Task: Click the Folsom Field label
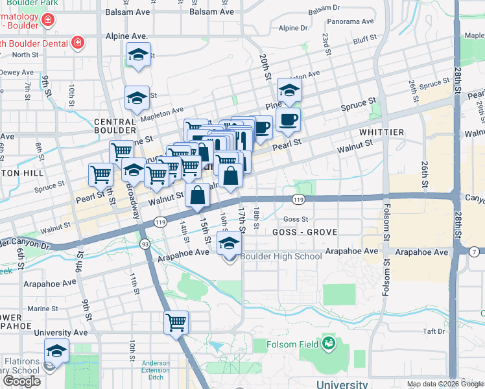tap(294, 344)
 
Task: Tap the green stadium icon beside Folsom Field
tap(329, 342)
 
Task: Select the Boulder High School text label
tap(281, 256)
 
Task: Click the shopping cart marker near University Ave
tap(176, 322)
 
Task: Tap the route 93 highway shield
tap(144, 244)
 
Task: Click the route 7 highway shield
tap(475, 251)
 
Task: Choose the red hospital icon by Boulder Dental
tap(77, 43)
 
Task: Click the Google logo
tap(21, 381)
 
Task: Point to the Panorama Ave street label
tap(351, 21)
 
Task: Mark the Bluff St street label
tap(365, 40)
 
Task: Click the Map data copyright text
tap(444, 384)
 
